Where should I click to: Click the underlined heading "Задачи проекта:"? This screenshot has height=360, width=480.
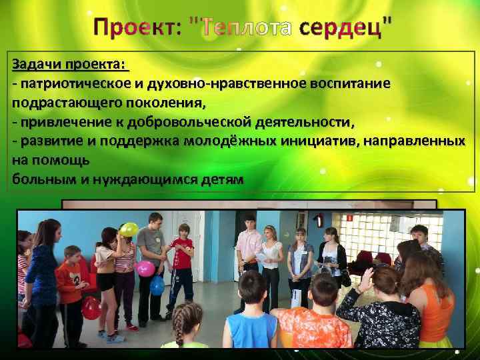[x=68, y=65]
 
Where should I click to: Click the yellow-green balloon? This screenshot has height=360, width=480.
[x=128, y=230]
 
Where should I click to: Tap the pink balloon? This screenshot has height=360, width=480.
[x=145, y=269]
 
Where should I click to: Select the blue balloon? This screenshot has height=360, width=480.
[x=157, y=285]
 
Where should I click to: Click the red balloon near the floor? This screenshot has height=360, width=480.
[x=91, y=308]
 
